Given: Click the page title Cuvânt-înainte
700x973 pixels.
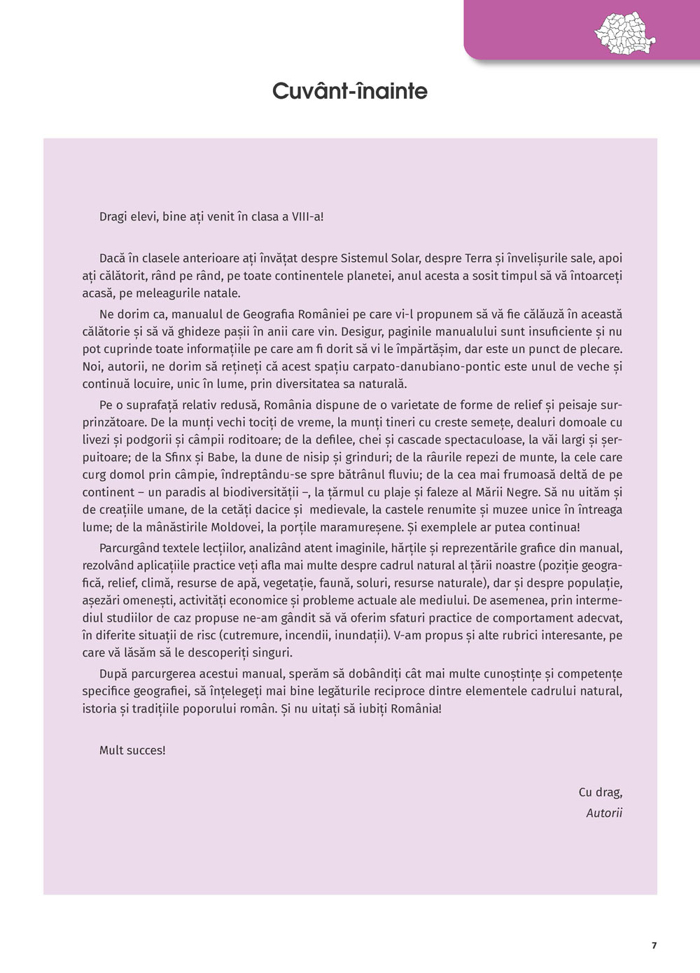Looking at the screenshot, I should (x=349, y=91).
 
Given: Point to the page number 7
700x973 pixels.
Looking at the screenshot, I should (x=654, y=945).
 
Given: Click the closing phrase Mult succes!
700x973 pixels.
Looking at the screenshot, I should (x=132, y=750).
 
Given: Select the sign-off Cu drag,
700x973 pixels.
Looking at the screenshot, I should (x=600, y=792).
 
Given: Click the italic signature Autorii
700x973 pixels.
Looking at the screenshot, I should (x=604, y=813).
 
